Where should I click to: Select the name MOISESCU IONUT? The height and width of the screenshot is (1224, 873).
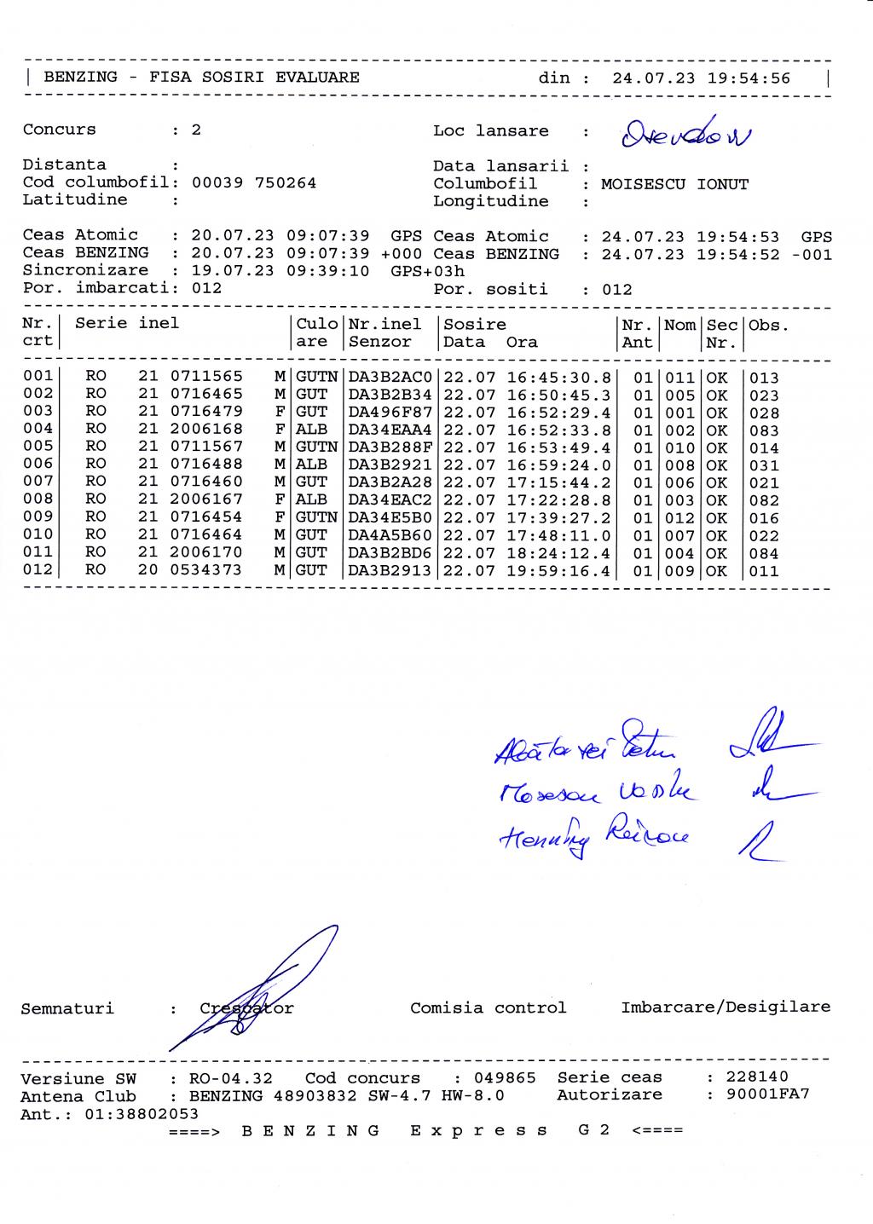pos(674,184)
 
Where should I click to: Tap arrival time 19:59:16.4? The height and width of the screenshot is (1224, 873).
pos(559,571)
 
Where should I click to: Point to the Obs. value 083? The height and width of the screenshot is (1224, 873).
pos(764,430)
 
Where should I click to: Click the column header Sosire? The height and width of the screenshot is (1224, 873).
pos(475,325)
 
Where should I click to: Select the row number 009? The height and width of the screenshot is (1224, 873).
pos(38,517)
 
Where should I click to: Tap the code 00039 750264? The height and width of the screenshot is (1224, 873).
pos(254,182)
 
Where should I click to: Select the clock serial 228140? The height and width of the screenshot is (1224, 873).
pos(757,1077)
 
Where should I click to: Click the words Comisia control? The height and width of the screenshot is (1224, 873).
pos(488,1008)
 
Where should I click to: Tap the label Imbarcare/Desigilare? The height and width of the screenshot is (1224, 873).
pos(726,1007)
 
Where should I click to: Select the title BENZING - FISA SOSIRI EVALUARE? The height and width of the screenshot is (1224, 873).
pos(202,78)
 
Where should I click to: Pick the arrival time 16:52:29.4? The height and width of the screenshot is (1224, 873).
pos(559,413)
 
